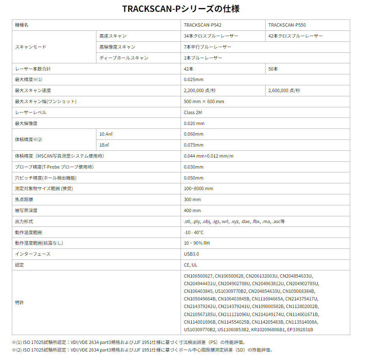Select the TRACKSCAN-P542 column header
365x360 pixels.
click(202, 25)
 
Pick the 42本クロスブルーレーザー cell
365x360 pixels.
click(295, 36)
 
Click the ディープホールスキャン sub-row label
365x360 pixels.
click(123, 58)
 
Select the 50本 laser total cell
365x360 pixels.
click(273, 69)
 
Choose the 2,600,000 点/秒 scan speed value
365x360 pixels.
click(284, 90)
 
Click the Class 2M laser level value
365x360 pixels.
click(192, 112)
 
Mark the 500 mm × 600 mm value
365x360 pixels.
click(204, 101)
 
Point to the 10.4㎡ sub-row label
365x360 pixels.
click(106, 134)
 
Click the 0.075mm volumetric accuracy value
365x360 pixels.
click(194, 145)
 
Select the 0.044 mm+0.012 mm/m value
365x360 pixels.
click(209, 156)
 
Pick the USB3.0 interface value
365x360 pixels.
click(191, 254)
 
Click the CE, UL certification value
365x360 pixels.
click(190, 265)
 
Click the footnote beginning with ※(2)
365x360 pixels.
click(142, 350)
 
